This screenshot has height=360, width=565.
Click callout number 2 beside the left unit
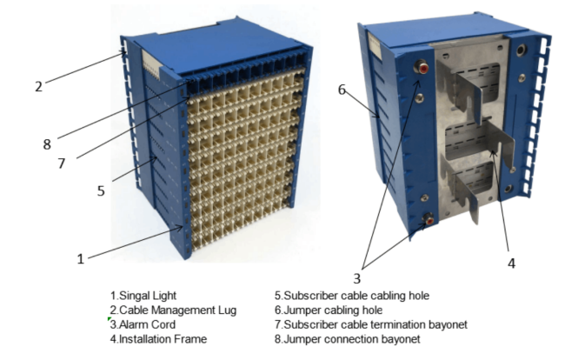tap(39, 86)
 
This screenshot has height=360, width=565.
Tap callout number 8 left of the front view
tap(47, 143)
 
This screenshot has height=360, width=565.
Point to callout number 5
tap(101, 189)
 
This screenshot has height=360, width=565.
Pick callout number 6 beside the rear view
tap(342, 90)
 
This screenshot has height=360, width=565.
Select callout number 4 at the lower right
tap(510, 262)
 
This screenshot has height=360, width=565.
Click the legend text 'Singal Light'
tap(143, 297)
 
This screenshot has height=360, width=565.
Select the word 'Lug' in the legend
tap(225, 310)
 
